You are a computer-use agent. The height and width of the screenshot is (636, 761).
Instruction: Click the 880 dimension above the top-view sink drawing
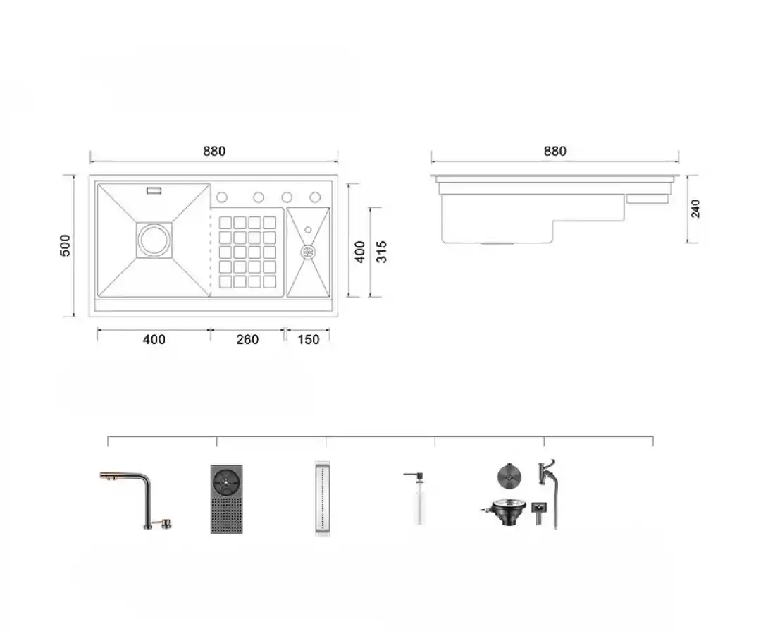214,152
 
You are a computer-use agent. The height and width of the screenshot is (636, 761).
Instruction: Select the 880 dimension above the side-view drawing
555,152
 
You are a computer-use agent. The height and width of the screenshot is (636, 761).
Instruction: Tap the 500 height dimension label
65,245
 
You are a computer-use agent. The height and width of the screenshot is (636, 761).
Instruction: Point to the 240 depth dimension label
695,208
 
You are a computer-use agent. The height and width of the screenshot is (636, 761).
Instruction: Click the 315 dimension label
381,252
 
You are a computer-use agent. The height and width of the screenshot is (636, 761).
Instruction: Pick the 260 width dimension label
247,339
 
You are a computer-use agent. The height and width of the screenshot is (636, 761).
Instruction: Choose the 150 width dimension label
308,339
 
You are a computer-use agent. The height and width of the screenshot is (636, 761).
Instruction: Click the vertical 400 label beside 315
359,252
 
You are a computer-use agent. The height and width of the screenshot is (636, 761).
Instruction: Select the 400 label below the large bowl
154,339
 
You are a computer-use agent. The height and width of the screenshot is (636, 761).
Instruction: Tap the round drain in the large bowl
154,240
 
